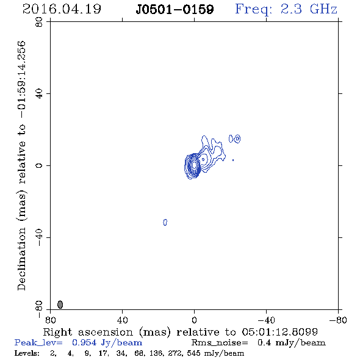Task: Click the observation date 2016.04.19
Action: pyautogui.click(x=62, y=9)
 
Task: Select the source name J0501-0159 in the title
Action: pyautogui.click(x=175, y=10)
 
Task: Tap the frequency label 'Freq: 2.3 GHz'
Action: pyautogui.click(x=286, y=10)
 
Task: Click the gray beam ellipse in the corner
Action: pyautogui.click(x=60, y=304)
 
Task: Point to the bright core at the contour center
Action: pyautogui.click(x=194, y=165)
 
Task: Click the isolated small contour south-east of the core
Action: pyautogui.click(x=165, y=222)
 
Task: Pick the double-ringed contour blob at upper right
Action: pyautogui.click(x=237, y=139)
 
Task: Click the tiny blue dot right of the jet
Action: pyautogui.click(x=233, y=160)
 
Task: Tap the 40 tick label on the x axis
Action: pyautogui.click(x=122, y=320)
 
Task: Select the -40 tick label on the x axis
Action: pyautogui.click(x=266, y=320)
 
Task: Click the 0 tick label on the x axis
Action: pyautogui.click(x=194, y=320)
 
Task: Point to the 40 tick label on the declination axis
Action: pyautogui.click(x=39, y=94)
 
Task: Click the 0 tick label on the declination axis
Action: pyautogui.click(x=39, y=165)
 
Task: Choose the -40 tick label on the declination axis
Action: pyautogui.click(x=39, y=237)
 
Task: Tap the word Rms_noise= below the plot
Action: pyautogui.click(x=220, y=343)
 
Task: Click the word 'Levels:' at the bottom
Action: pyautogui.click(x=27, y=353)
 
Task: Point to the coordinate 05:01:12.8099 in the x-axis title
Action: pyautogui.click(x=280, y=332)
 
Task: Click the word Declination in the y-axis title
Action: pyautogui.click(x=21, y=259)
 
